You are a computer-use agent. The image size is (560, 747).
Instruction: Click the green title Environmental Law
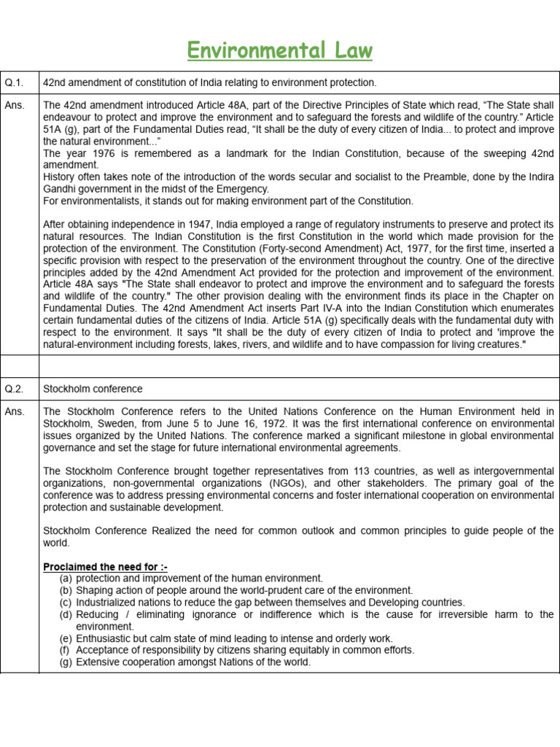click(x=280, y=50)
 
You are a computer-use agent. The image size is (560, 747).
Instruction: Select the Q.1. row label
click(x=15, y=83)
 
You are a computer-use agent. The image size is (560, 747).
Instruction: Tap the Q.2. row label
click(x=15, y=389)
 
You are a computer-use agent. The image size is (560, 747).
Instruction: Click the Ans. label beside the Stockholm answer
click(x=15, y=411)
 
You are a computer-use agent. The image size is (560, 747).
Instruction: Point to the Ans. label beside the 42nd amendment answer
click(x=15, y=105)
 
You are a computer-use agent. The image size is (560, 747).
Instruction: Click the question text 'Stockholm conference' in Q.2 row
click(x=93, y=389)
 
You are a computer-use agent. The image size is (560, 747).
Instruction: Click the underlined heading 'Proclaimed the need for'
click(x=105, y=567)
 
